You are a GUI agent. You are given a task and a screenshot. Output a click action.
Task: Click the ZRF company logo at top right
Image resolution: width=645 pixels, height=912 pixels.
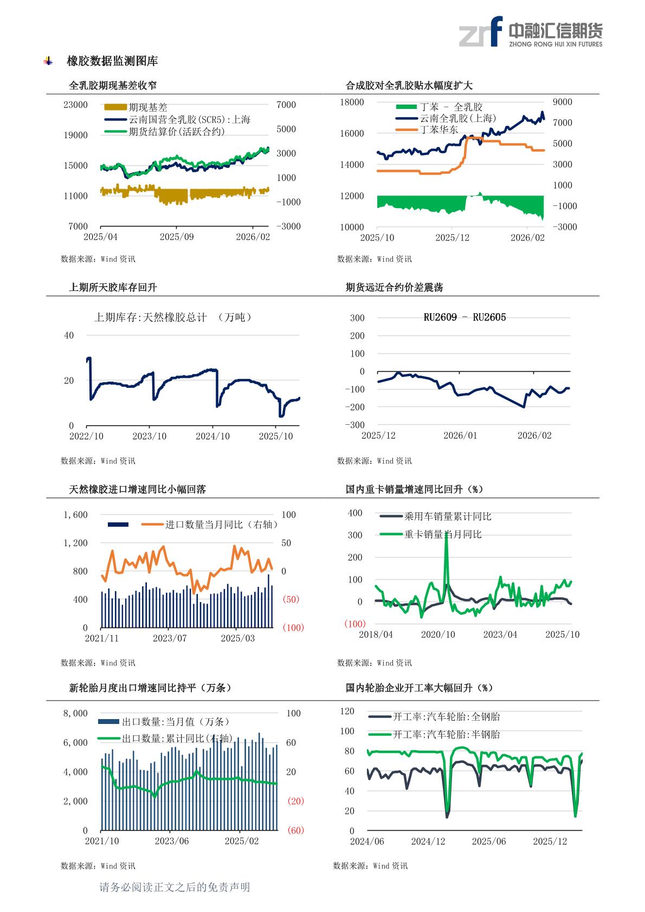click(530, 31)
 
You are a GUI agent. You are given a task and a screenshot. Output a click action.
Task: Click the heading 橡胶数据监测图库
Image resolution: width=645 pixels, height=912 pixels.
click(112, 61)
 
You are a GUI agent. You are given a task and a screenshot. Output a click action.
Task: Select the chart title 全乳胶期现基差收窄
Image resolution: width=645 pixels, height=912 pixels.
click(113, 86)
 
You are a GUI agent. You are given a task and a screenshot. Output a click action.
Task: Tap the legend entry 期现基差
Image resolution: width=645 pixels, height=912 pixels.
click(147, 107)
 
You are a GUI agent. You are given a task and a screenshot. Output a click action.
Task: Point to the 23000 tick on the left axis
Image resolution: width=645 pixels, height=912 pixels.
click(75, 105)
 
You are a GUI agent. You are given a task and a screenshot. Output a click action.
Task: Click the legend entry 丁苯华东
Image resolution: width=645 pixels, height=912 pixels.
click(438, 130)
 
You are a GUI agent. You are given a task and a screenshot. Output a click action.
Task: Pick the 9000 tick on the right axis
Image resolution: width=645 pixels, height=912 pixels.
click(562, 102)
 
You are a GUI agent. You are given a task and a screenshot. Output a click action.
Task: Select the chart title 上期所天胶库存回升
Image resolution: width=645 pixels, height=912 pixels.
click(113, 287)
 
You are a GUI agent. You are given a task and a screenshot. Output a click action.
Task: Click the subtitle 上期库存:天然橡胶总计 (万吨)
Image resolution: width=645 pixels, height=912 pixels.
click(173, 318)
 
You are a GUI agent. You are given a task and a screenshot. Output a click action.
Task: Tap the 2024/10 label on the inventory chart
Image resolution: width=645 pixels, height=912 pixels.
click(212, 436)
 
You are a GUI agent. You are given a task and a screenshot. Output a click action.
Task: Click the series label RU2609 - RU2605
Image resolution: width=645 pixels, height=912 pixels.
click(465, 318)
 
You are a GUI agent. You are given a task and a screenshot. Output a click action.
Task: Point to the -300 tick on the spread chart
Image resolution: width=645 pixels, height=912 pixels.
click(355, 425)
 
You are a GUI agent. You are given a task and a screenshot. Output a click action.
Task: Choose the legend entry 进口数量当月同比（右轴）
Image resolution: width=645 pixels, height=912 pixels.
click(221, 525)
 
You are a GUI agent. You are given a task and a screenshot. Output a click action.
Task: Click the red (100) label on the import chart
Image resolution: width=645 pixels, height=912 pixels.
click(293, 628)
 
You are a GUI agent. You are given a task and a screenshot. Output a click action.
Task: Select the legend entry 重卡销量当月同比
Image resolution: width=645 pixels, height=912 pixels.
click(442, 534)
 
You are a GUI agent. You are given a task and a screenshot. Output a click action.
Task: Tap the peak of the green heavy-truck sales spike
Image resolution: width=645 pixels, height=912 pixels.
click(446, 534)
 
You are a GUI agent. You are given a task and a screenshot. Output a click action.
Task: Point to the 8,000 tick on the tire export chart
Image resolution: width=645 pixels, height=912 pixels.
click(75, 713)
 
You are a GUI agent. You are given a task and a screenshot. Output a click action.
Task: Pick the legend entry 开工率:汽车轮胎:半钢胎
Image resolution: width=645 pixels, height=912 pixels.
click(446, 735)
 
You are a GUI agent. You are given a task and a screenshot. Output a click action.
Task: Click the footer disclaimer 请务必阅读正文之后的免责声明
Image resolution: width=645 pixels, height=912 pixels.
click(175, 887)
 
